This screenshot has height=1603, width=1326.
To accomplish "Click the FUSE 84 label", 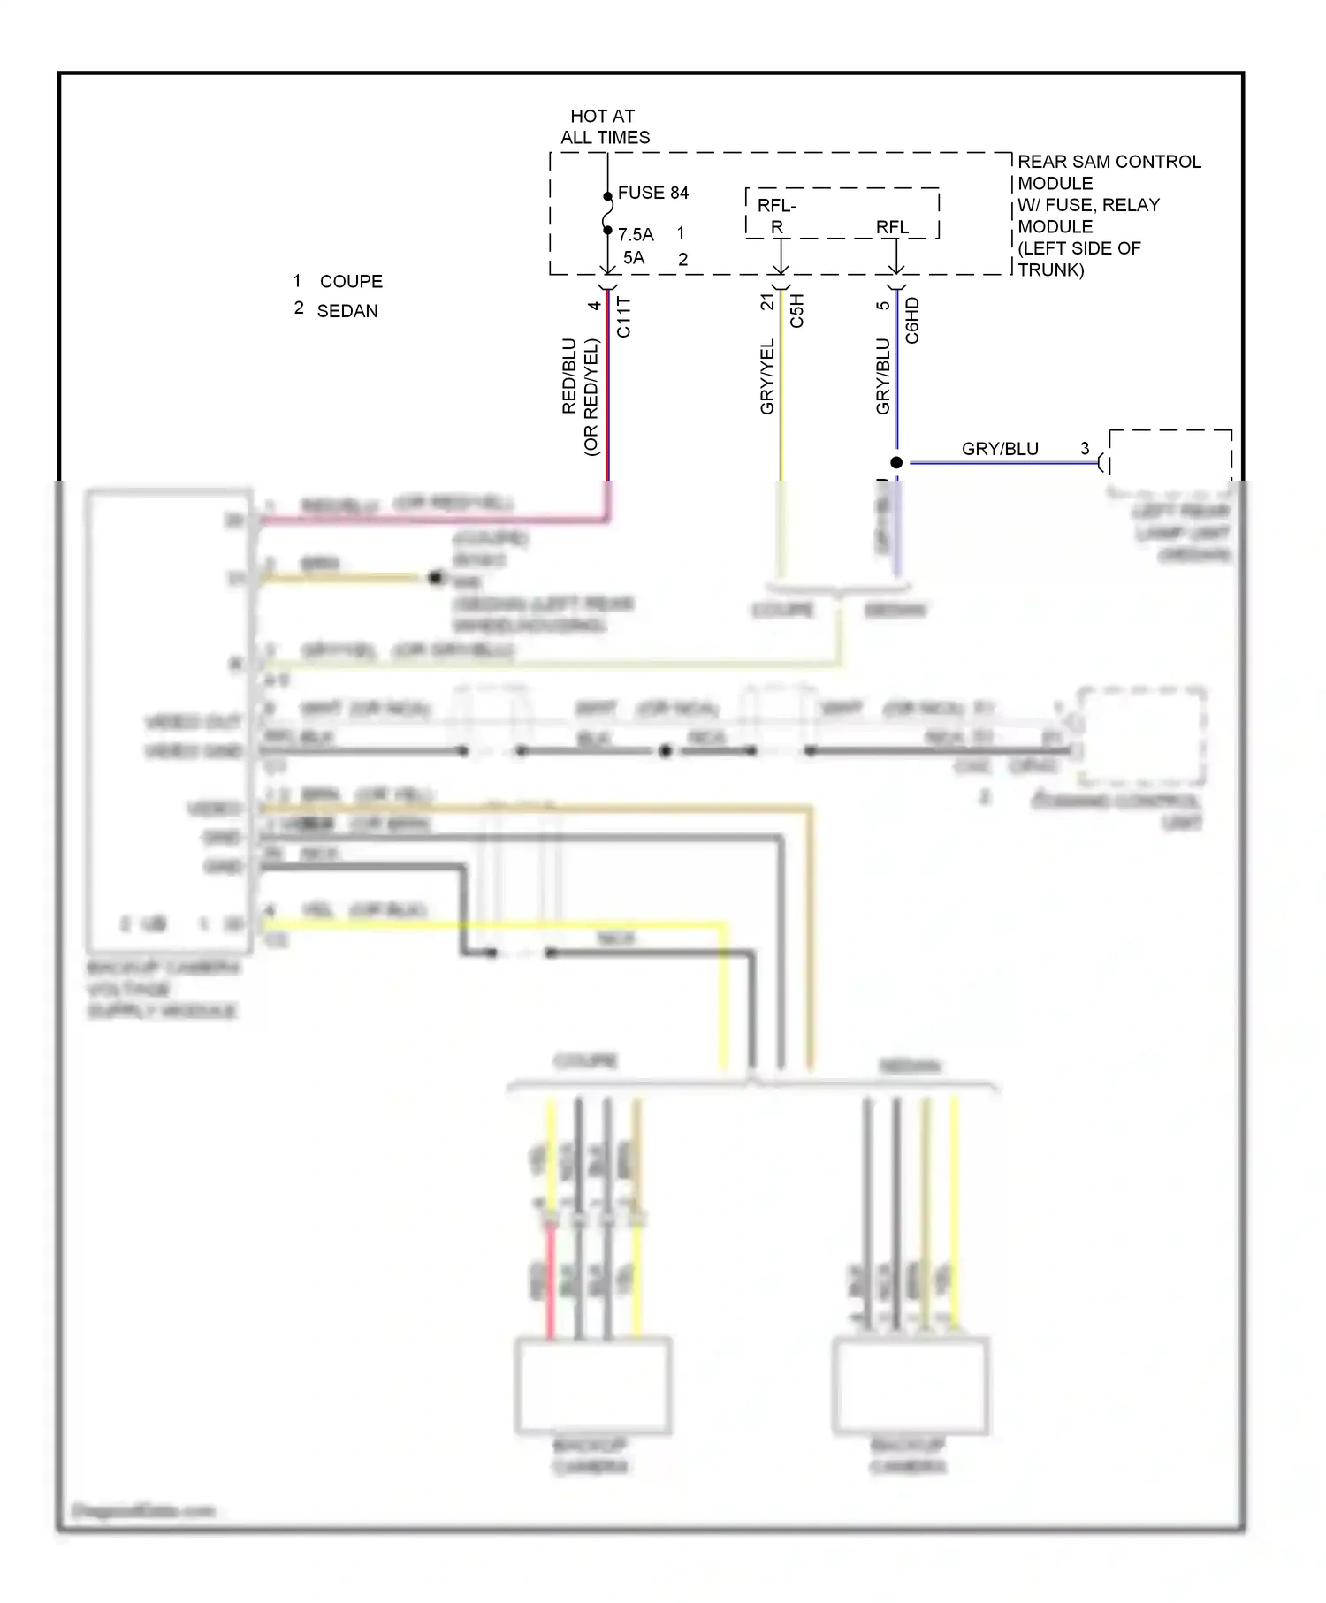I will click(x=652, y=193).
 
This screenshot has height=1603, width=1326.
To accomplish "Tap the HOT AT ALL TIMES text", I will click(x=605, y=127).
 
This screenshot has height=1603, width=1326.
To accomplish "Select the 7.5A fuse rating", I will click(x=636, y=235).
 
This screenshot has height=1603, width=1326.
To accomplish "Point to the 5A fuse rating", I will click(x=634, y=258).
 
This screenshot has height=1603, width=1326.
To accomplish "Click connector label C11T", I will click(x=624, y=317).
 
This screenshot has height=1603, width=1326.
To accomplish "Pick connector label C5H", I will click(x=796, y=311).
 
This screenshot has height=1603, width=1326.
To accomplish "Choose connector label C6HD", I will click(x=912, y=320).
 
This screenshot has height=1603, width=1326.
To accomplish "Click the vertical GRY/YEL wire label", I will click(x=767, y=376).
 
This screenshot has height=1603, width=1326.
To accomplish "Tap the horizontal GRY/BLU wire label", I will click(x=1000, y=449).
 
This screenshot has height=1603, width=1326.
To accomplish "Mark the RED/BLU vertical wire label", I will click(x=569, y=376).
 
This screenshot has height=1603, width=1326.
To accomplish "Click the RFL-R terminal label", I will click(x=776, y=216).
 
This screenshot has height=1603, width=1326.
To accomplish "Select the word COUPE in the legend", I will click(x=351, y=282).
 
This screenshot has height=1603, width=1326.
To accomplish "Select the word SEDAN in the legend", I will click(x=347, y=311).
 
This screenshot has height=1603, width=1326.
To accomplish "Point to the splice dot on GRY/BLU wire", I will click(x=896, y=462).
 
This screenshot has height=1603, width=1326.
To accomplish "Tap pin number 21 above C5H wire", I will click(x=767, y=302).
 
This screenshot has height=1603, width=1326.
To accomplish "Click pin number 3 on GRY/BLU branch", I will click(x=1085, y=449).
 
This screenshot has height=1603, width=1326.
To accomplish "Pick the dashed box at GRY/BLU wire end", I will click(x=1170, y=455).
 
